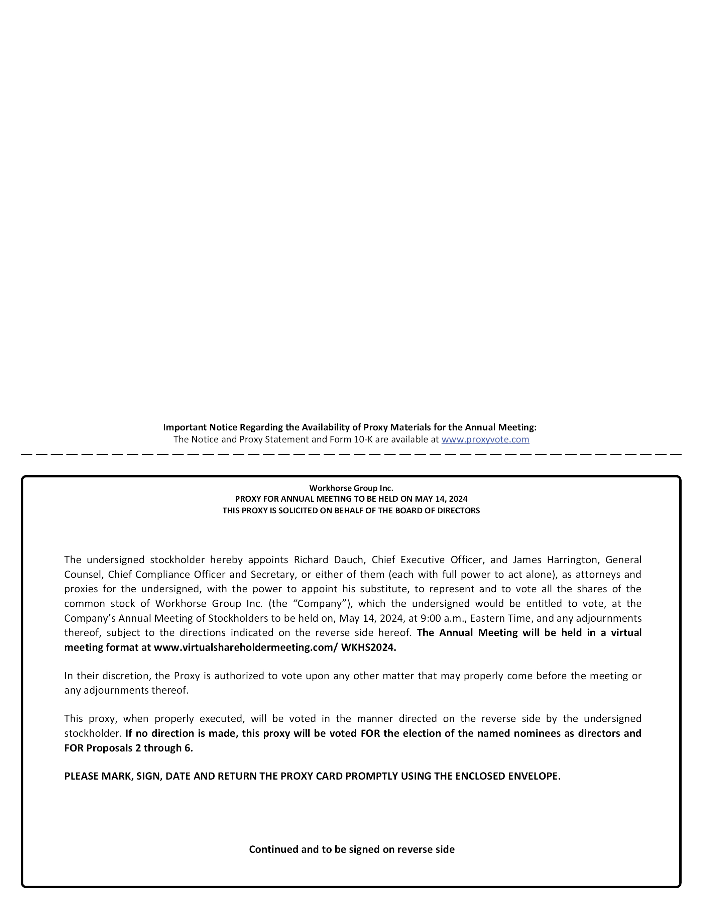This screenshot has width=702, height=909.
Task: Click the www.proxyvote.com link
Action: coord(485,439)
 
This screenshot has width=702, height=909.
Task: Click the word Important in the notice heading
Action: coord(184,427)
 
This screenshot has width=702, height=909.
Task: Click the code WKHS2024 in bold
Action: coord(368,647)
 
